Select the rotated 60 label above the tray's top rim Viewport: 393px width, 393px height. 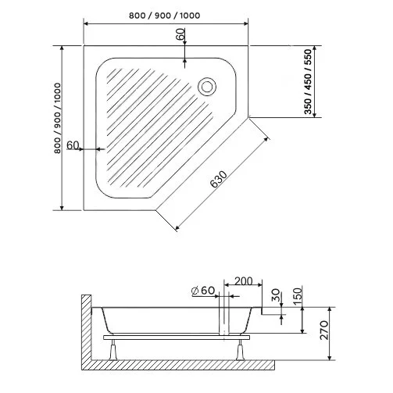180,36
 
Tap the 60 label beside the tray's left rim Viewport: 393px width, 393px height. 73,145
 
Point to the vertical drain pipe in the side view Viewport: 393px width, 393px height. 224,320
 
